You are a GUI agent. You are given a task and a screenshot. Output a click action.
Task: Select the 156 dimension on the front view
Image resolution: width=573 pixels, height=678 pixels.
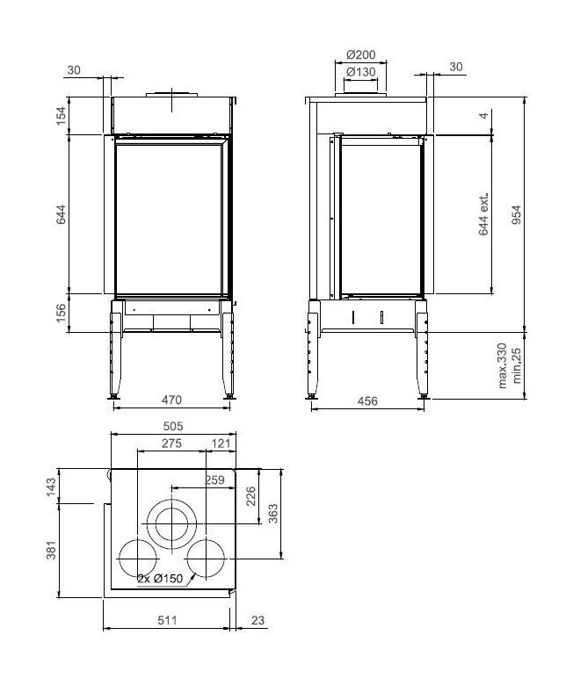pyautogui.click(x=61, y=314)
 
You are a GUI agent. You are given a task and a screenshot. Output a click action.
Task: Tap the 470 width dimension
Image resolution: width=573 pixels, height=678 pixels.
pyautogui.click(x=171, y=400)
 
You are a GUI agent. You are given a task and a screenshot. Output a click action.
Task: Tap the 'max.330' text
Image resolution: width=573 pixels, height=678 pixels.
pyautogui.click(x=502, y=365)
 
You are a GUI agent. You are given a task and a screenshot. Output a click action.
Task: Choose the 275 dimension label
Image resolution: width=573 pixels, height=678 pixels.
pyautogui.click(x=172, y=444)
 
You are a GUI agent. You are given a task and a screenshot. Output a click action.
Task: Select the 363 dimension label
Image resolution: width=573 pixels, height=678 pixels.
pyautogui.click(x=273, y=512)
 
